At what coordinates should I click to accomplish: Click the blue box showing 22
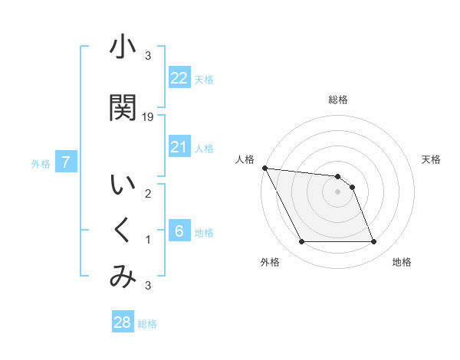click(x=179, y=78)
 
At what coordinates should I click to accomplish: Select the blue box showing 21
click(x=179, y=147)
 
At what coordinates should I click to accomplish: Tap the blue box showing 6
click(x=179, y=231)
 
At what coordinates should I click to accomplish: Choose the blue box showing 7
click(x=66, y=162)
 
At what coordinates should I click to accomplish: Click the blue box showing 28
click(x=123, y=322)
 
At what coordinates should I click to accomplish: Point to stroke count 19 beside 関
click(x=149, y=116)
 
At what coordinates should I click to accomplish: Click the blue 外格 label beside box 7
click(x=41, y=164)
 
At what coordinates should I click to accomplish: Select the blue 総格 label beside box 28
click(x=147, y=324)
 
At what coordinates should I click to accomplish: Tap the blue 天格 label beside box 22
click(x=204, y=80)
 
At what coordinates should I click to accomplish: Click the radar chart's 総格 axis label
click(x=338, y=100)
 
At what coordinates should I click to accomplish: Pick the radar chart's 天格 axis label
click(x=432, y=159)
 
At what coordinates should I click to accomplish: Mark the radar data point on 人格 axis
click(x=264, y=169)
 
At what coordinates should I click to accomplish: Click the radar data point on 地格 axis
click(x=374, y=242)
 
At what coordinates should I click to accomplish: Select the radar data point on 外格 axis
click(x=301, y=242)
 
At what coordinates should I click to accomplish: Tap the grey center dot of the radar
click(x=338, y=191)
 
